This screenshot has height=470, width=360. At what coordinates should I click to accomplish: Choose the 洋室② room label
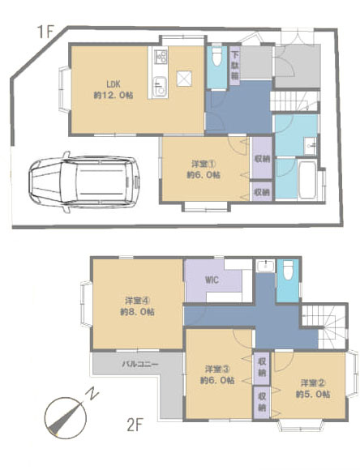pyautogui.click(x=315, y=388)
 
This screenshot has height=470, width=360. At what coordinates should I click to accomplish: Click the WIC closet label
pyautogui.click(x=213, y=281)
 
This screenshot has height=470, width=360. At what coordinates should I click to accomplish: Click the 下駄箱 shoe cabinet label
pyautogui.click(x=234, y=64)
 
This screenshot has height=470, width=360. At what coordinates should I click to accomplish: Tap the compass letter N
pyautogui.click(x=94, y=396)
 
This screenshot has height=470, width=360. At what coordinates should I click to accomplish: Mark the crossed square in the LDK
pyautogui.click(x=185, y=78)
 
